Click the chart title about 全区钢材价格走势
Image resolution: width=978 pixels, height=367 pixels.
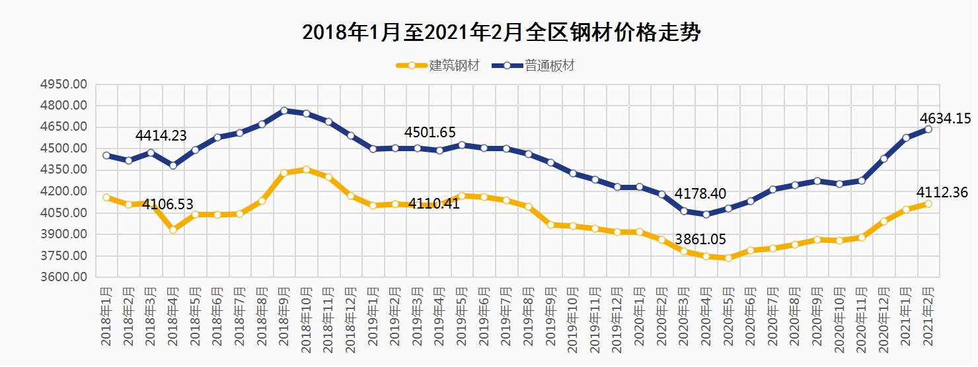tap(501, 32)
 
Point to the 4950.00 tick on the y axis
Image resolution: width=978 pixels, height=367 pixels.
tap(63, 84)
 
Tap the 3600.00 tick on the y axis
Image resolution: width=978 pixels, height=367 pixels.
tap(63, 277)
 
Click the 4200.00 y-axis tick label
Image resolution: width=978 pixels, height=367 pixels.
tap(63, 191)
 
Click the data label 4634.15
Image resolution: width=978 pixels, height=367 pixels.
tap(944, 119)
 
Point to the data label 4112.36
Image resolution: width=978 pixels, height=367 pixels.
tap(942, 193)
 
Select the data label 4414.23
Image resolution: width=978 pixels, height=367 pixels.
tap(161, 136)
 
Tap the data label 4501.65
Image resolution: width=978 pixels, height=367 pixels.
tap(430, 133)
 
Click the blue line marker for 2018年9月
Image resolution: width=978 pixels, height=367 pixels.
tap(284, 111)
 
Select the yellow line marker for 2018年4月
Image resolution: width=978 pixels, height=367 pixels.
tap(173, 229)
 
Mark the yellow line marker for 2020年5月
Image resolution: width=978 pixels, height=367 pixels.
tap(728, 258)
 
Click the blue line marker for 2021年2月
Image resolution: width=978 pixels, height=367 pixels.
tap(928, 129)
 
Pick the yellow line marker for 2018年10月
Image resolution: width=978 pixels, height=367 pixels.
tap(307, 170)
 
